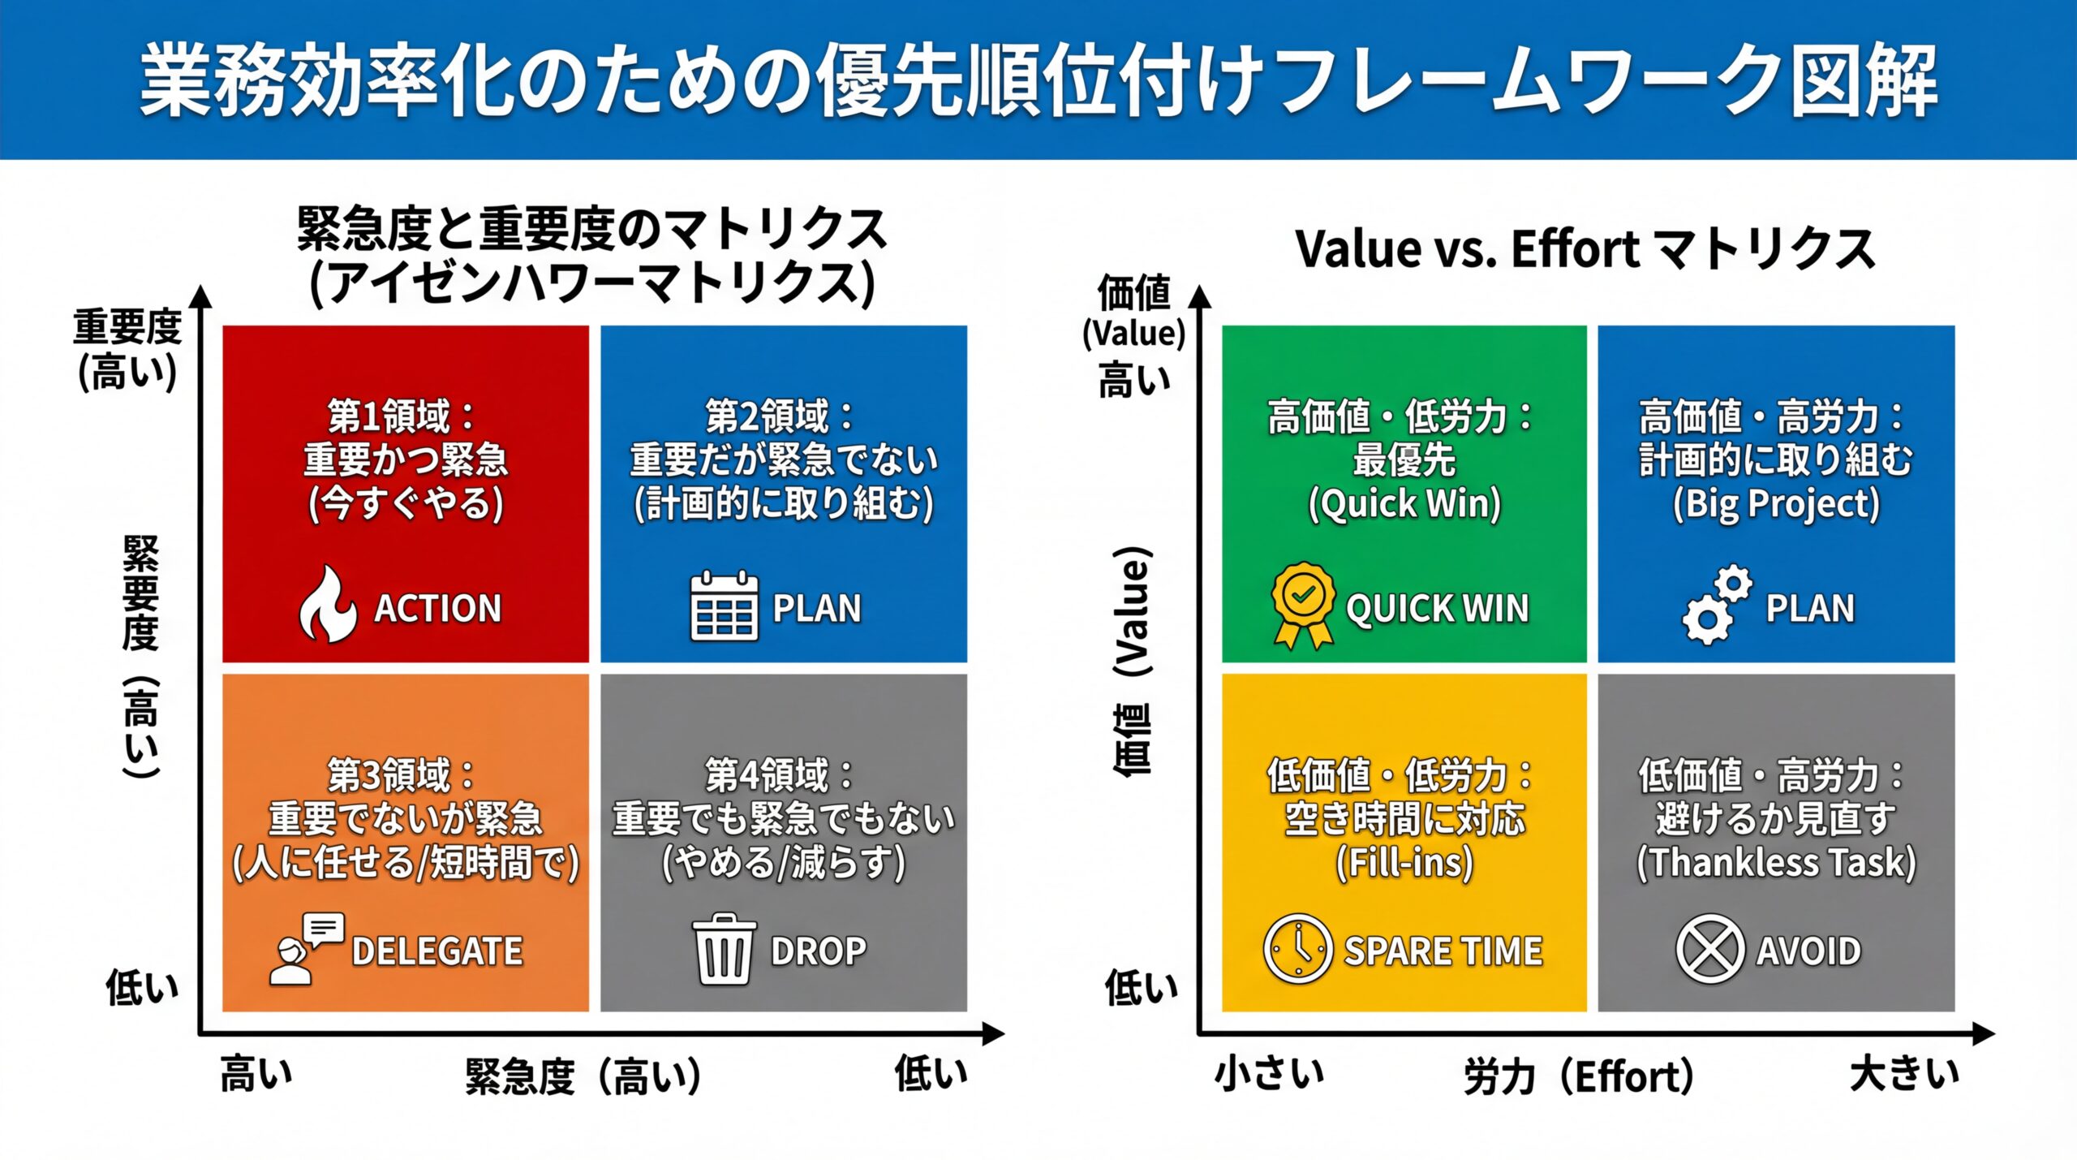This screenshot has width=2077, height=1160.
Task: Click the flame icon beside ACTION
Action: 327,606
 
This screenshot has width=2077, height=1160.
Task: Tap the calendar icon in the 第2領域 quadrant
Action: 724,606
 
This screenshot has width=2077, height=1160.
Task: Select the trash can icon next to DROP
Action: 724,949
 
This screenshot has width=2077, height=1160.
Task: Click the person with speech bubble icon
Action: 305,949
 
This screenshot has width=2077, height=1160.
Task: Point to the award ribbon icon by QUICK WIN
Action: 1303,606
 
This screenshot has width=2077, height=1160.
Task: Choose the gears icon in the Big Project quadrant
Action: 1717,606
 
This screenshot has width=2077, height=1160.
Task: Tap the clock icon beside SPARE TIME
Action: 1297,949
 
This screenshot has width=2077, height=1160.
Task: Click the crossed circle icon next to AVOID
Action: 1709,949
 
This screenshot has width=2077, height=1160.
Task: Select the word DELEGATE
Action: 437,951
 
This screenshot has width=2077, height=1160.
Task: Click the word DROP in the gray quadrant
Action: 818,951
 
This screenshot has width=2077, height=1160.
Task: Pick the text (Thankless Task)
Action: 1776,862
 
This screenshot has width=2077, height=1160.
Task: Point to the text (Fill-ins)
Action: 1404,862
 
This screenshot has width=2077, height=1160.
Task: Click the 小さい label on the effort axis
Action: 1269,1073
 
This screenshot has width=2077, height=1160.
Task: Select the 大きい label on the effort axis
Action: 1903,1073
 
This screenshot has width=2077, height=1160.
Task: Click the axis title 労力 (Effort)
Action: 1579,1077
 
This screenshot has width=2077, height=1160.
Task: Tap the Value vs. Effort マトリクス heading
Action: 1585,248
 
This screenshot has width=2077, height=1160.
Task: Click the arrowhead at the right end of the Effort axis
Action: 1983,1033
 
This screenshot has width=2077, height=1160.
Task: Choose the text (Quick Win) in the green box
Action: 1404,503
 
